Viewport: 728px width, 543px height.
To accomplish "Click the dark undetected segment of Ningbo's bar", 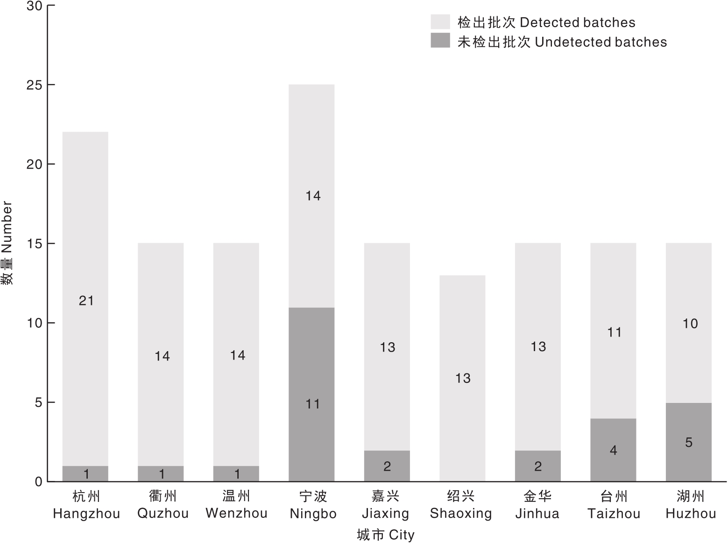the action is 311,394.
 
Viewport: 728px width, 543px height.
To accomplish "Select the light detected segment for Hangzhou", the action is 85,299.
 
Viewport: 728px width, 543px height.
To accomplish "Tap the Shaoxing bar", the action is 462,378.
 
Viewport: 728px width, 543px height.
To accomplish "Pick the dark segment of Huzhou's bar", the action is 688,442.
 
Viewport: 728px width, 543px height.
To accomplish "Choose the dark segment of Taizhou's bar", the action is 613,450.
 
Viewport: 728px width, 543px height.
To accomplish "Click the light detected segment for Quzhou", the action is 161,354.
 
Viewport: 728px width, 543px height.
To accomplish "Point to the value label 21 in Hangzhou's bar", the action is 86,301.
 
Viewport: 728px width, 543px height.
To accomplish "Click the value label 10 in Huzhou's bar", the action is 690,324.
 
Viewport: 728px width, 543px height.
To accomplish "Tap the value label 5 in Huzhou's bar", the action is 689,443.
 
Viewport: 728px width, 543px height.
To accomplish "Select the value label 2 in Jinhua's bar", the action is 538,466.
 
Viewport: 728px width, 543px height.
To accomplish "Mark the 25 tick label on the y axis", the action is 35,85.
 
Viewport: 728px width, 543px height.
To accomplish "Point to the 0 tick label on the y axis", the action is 39,482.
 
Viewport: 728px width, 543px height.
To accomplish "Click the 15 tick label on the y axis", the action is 35,244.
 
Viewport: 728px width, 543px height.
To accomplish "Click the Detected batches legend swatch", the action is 440,21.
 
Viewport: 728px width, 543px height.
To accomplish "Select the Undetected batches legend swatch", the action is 440,40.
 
